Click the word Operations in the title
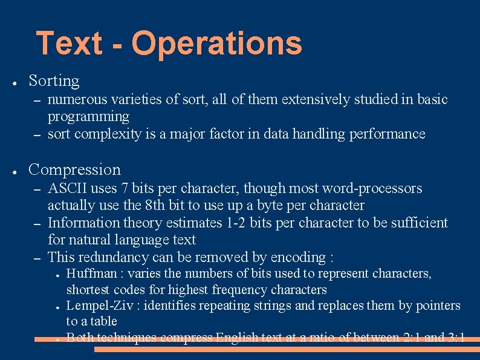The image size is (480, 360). click(x=216, y=44)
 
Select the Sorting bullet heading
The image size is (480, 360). click(x=54, y=80)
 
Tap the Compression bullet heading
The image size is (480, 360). click(x=74, y=169)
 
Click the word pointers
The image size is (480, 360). click(x=438, y=305)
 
